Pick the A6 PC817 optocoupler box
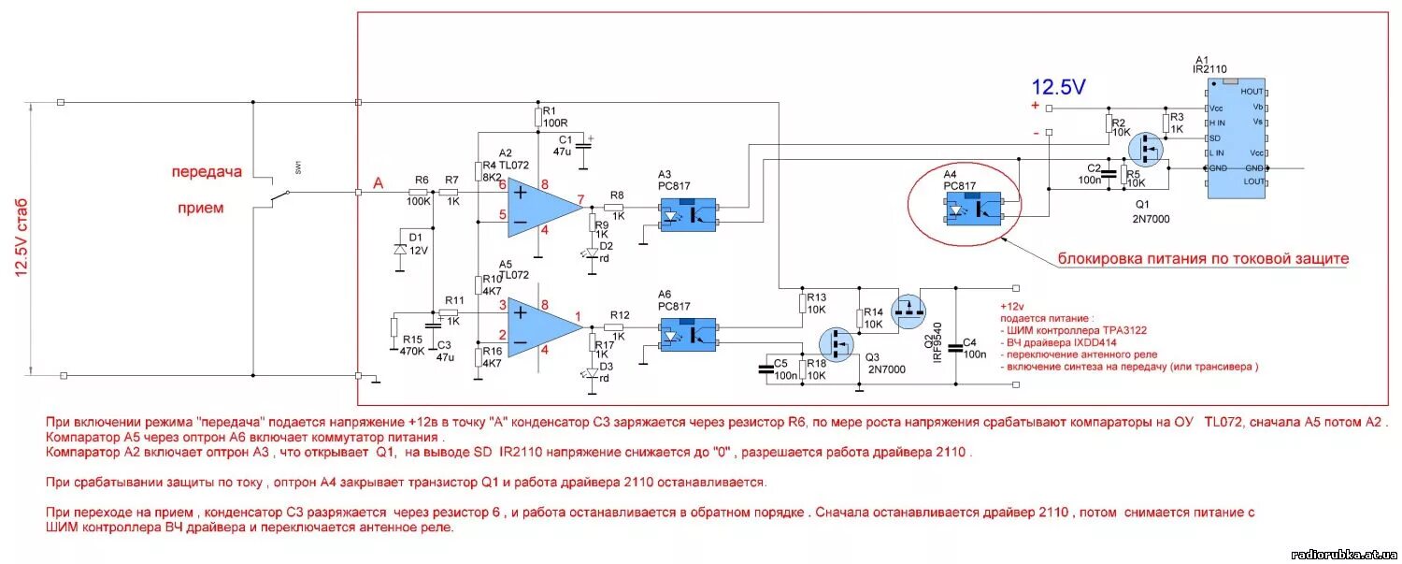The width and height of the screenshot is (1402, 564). (x=688, y=334)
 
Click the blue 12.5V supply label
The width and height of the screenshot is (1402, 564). (x=1058, y=88)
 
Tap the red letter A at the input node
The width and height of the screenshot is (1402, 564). (x=379, y=183)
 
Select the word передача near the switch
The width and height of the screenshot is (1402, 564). (x=206, y=172)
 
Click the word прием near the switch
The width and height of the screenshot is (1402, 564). (x=201, y=208)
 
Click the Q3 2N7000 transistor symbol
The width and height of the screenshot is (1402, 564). (x=837, y=344)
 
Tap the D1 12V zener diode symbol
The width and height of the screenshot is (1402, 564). (x=400, y=250)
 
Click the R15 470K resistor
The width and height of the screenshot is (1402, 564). (x=393, y=328)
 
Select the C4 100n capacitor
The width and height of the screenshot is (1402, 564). (x=955, y=348)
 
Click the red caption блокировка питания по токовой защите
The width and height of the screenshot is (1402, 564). (x=1203, y=258)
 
